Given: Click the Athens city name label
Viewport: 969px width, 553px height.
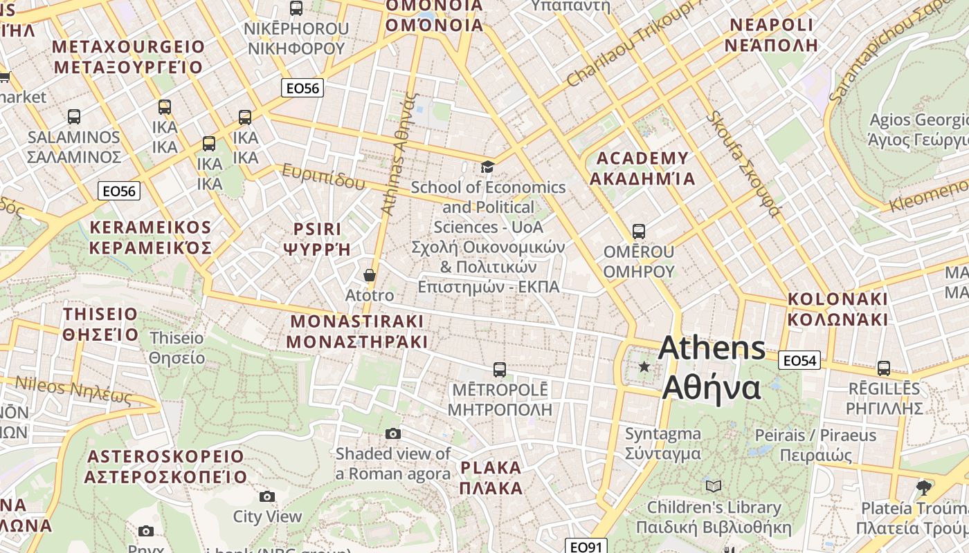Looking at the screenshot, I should tap(712, 368).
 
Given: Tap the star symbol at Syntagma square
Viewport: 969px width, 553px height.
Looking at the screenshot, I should tap(644, 366).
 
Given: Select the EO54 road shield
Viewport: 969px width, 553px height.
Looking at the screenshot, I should tap(799, 360).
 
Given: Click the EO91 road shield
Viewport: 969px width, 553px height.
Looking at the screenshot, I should tap(586, 547).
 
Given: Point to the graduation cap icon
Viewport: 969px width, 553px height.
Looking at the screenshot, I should tap(488, 167).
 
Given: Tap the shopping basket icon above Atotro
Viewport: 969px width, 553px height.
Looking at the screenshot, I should tap(370, 275).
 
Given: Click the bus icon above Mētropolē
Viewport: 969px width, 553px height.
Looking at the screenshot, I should tap(500, 370).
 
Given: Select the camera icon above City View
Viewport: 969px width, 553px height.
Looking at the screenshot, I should tap(267, 496).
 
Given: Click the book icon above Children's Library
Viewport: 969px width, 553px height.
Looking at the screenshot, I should tap(714, 487).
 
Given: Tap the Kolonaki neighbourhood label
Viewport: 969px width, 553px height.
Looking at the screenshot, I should tap(837, 309).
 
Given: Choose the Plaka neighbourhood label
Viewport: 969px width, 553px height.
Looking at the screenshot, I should tap(491, 477).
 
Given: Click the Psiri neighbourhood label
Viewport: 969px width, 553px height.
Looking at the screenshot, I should tap(317, 238).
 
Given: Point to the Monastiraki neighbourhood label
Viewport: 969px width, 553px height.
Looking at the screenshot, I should tap(356, 331).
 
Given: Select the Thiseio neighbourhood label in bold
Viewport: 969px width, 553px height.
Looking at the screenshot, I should tap(101, 324).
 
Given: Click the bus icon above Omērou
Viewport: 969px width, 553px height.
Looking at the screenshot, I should tap(638, 232).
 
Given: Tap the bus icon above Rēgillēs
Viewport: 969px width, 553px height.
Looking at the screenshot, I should tap(884, 368).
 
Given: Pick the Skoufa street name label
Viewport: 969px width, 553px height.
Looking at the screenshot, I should tap(743, 163).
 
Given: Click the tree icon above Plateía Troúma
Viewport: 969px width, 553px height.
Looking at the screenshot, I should tap(923, 488).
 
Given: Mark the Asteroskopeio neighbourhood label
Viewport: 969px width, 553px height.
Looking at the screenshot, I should tap(166, 467).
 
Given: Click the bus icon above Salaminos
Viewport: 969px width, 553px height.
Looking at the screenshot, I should tap(74, 117).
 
